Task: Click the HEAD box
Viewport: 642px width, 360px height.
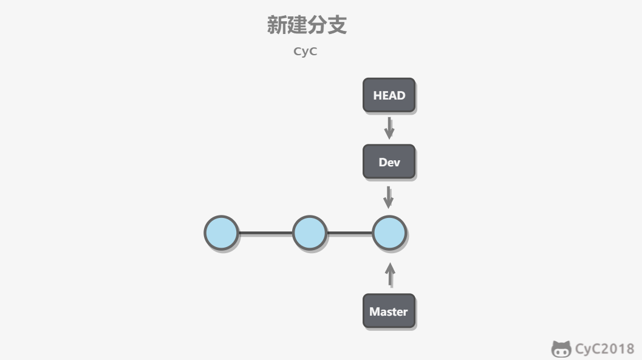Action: pyautogui.click(x=389, y=95)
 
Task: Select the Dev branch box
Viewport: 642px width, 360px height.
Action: pyautogui.click(x=389, y=162)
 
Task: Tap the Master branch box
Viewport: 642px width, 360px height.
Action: pyautogui.click(x=389, y=311)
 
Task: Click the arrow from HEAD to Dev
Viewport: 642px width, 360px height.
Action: pyautogui.click(x=389, y=128)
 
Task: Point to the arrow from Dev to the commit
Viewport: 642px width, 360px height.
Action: pyautogui.click(x=389, y=197)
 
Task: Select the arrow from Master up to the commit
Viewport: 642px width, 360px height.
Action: pyautogui.click(x=390, y=275)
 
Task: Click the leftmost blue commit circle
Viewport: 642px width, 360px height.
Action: pyautogui.click(x=221, y=233)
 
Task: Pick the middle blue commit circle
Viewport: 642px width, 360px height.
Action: pyautogui.click(x=310, y=233)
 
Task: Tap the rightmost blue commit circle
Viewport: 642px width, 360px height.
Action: pyautogui.click(x=389, y=233)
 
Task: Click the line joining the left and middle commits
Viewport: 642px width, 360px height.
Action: pyautogui.click(x=265, y=233)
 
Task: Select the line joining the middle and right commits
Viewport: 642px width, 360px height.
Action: pyautogui.click(x=350, y=233)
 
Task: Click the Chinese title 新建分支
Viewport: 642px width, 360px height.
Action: pyautogui.click(x=307, y=25)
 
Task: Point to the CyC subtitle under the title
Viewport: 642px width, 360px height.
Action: pyautogui.click(x=306, y=52)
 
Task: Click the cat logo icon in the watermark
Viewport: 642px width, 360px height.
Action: pyautogui.click(x=561, y=349)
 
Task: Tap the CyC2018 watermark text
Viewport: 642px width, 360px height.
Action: pyautogui.click(x=604, y=349)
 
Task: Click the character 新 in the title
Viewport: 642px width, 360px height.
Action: pyautogui.click(x=277, y=25)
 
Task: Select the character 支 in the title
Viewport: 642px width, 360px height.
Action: pyautogui.click(x=337, y=25)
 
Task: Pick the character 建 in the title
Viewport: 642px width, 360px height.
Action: pyautogui.click(x=297, y=25)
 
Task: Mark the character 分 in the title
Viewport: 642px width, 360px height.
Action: pyautogui.click(x=317, y=25)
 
